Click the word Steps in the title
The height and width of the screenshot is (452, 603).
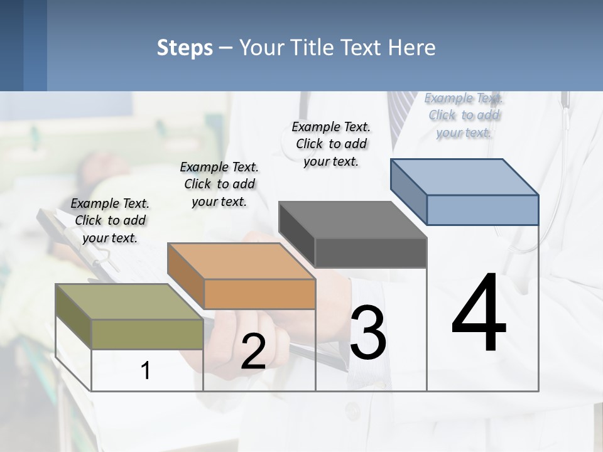[185, 48]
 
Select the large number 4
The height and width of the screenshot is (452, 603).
[479, 314]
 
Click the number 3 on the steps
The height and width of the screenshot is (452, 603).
[368, 333]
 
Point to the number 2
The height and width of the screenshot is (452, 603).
[253, 352]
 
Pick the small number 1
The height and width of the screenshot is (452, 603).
[146, 370]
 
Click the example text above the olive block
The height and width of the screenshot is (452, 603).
[110, 220]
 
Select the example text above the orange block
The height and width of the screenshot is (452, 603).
[219, 184]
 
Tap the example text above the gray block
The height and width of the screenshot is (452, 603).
[331, 144]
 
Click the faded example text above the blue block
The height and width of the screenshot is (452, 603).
[464, 115]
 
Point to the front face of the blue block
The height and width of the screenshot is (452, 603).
[482, 210]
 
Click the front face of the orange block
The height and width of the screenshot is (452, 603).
[259, 294]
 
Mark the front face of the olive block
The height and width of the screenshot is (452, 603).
[147, 334]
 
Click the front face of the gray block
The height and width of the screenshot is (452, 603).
[371, 252]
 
